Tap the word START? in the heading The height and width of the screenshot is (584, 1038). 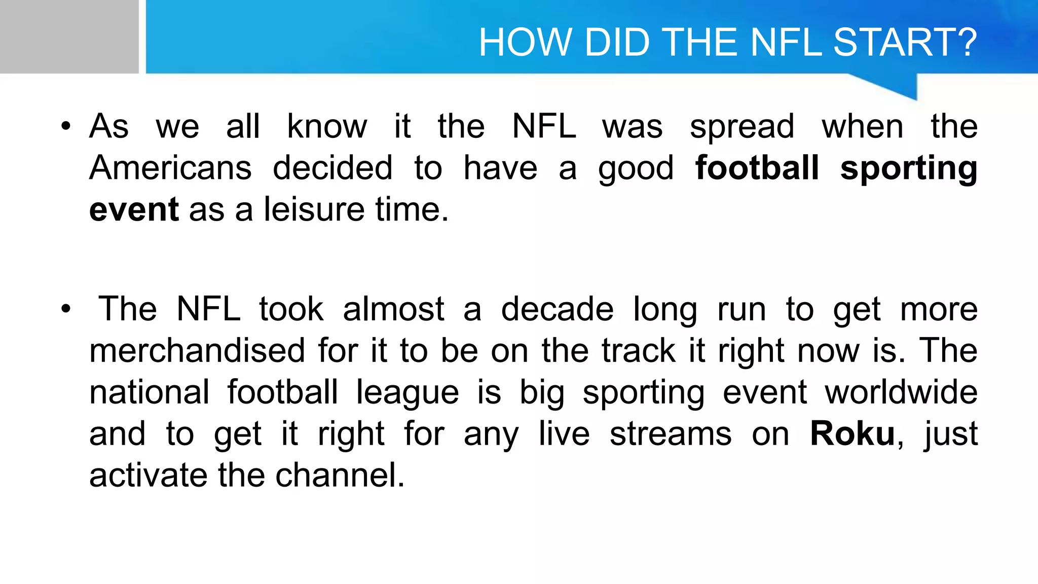pos(905,42)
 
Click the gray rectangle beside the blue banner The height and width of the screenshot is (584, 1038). pos(69,36)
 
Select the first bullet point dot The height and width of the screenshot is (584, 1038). pos(65,127)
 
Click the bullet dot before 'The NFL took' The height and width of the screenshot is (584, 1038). pos(65,309)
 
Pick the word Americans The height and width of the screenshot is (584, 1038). pos(170,168)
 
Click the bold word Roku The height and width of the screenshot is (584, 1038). pos(852,434)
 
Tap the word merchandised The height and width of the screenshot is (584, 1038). pos(197,351)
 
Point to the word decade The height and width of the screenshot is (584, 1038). pos(557,309)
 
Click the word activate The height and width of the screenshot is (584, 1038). pos(148,476)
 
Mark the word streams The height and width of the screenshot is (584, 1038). pos(671,434)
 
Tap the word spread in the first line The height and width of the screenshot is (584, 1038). pos(742,127)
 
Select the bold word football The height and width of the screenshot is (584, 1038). pos(757,168)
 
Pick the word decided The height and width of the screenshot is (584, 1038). pos(332,168)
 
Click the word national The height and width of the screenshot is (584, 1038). pos(149,392)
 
